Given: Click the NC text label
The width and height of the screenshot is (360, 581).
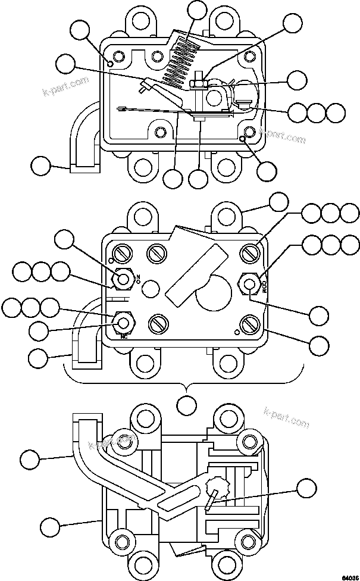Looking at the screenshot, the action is click(124, 335).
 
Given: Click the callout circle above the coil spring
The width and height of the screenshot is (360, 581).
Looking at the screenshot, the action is click(197, 10).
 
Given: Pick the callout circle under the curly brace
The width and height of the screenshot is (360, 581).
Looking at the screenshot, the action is click(187, 405).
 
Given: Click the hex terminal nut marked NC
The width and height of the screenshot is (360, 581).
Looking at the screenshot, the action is click(124, 322).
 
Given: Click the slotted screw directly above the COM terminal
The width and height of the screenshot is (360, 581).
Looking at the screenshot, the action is click(249, 254).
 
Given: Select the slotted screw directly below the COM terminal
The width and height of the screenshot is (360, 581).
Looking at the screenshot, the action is click(249, 324).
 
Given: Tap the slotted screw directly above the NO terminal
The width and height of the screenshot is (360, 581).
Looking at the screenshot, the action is click(123, 254).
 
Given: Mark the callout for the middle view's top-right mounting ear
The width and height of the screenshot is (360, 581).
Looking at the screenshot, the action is click(278, 202).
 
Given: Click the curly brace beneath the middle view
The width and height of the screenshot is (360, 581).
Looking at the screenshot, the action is click(187, 381).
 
